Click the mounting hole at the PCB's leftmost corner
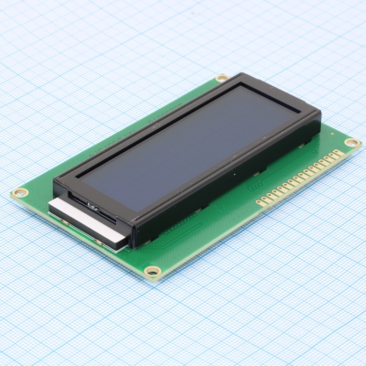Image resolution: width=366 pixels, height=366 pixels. [19, 193]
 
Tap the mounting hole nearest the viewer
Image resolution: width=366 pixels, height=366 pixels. [153, 271]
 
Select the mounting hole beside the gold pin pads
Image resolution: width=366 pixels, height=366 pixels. [351, 143]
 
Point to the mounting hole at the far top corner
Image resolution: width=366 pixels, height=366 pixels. [221, 78]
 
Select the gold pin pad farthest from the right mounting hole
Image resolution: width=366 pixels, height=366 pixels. [260, 199]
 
